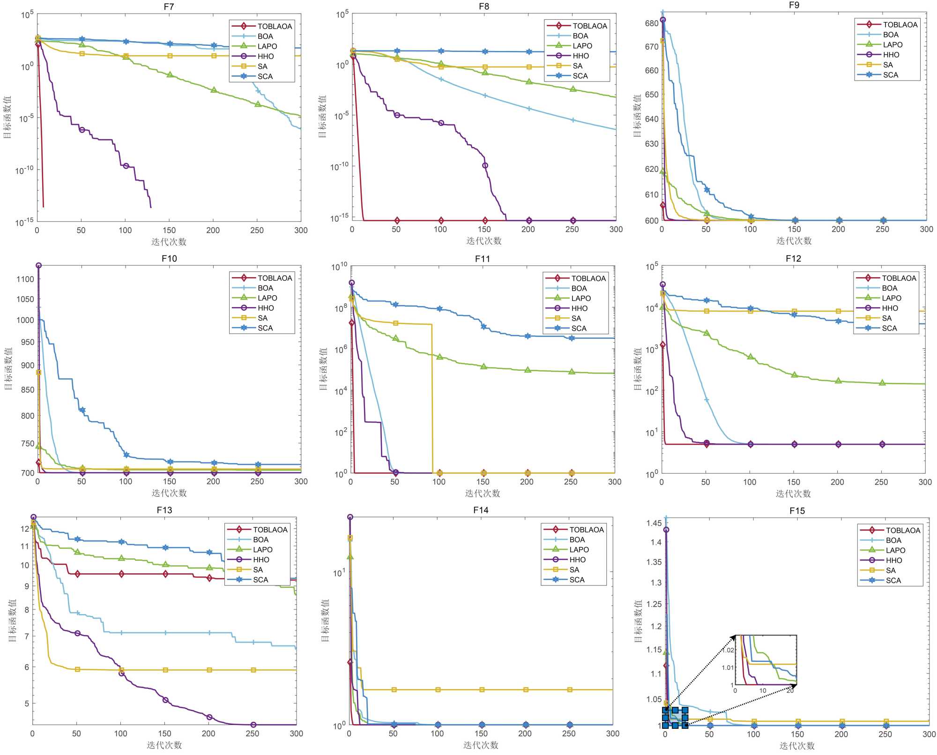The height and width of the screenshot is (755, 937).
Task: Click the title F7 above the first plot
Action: point(169,7)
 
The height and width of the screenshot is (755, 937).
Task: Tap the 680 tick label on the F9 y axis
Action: point(652,23)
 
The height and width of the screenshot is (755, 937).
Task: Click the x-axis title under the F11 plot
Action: point(483,493)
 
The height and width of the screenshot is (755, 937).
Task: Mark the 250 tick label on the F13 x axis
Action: point(253,733)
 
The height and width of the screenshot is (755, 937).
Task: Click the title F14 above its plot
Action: point(481,510)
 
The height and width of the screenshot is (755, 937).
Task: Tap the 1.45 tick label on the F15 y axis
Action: point(654,523)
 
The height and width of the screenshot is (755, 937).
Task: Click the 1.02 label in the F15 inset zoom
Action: point(728,650)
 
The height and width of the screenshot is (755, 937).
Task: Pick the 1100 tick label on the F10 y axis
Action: point(25,279)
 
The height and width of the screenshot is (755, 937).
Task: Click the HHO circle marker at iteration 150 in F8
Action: point(485,165)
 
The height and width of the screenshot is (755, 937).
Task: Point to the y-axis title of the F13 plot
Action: point(12,620)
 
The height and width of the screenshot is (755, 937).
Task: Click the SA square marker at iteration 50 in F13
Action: point(77,669)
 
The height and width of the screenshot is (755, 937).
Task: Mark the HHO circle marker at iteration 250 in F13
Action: point(253,725)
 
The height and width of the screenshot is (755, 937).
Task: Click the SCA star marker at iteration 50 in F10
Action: point(82,410)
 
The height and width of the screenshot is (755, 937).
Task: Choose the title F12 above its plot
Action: point(793,258)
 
